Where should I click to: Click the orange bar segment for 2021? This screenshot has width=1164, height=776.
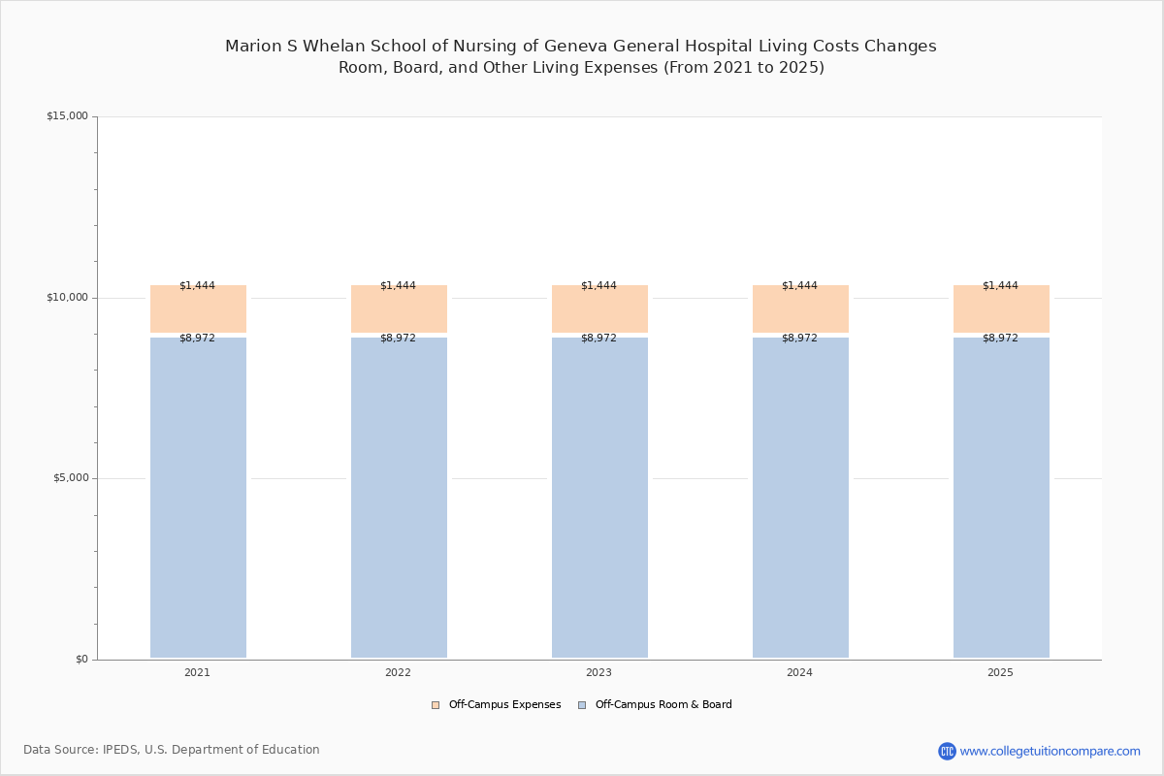coord(198,308)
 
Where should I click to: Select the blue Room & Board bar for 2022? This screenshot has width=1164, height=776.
coord(399,498)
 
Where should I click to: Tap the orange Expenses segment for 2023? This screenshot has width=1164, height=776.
coord(599,308)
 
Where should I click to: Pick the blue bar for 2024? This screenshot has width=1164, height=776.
coord(801,498)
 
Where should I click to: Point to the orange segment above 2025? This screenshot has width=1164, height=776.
coord(1001,308)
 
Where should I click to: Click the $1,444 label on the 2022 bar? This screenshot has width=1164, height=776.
coord(398,285)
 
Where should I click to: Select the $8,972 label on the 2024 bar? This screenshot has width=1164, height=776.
coord(799,338)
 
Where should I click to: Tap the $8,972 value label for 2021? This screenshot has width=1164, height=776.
coord(198,338)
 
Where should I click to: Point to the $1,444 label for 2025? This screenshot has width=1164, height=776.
coord(1000,285)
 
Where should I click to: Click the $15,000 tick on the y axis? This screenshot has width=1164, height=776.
coord(68,115)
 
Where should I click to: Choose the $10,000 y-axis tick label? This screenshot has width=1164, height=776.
coord(68,297)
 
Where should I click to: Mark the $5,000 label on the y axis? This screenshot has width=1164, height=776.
coord(71,477)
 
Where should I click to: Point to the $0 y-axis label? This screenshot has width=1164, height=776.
coord(82,659)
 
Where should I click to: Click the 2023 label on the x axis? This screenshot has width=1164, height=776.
coord(598,672)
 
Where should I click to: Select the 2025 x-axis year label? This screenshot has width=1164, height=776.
coord(1000,672)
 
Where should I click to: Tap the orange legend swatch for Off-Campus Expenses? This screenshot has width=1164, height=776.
coord(436,705)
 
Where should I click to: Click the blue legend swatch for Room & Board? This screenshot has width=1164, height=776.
coord(582,705)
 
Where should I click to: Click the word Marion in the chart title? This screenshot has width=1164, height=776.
coord(253,47)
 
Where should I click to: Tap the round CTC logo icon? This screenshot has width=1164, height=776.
coord(947,751)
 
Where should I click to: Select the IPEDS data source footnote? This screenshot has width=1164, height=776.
coord(172,750)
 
